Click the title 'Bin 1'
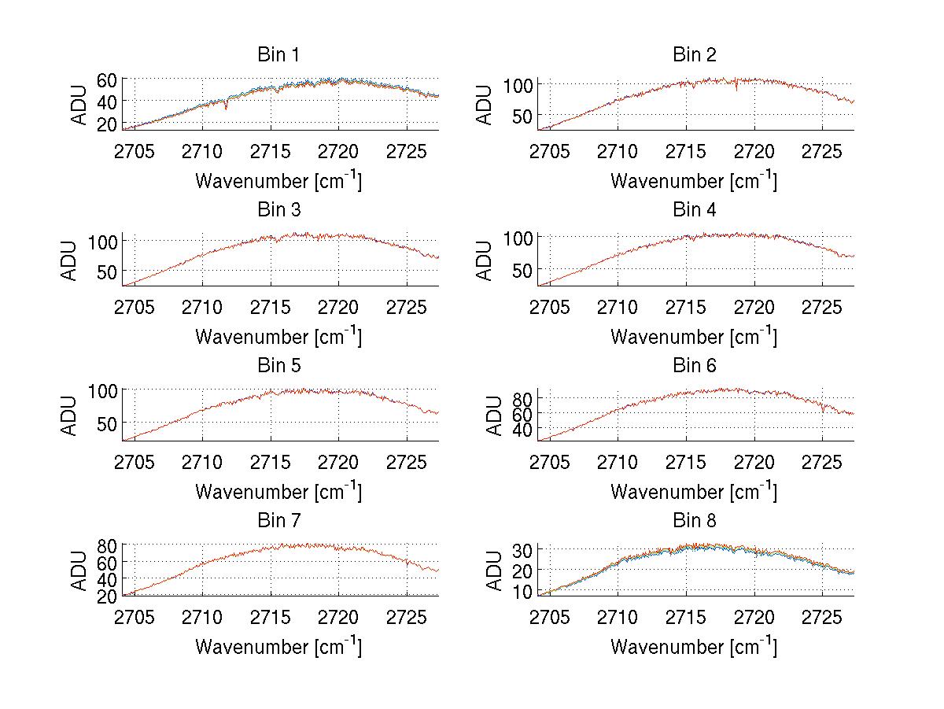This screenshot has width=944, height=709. pyautogui.click(x=278, y=55)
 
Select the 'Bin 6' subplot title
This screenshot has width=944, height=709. pyautogui.click(x=694, y=366)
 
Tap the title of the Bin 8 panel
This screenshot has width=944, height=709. pyautogui.click(x=694, y=521)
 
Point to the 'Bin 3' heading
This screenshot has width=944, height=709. pyautogui.click(x=278, y=210)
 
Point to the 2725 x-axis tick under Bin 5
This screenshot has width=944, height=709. pyautogui.click(x=407, y=461)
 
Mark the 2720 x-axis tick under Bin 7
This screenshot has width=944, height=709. pyautogui.click(x=339, y=616)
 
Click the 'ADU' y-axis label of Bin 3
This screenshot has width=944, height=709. pyautogui.click(x=70, y=260)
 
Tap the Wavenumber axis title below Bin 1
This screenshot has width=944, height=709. pyautogui.click(x=278, y=181)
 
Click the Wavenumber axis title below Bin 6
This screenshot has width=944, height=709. pyautogui.click(x=694, y=492)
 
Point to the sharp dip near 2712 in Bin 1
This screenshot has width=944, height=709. pyautogui.click(x=227, y=106)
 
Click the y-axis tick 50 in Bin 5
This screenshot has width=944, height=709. pyautogui.click(x=109, y=423)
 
